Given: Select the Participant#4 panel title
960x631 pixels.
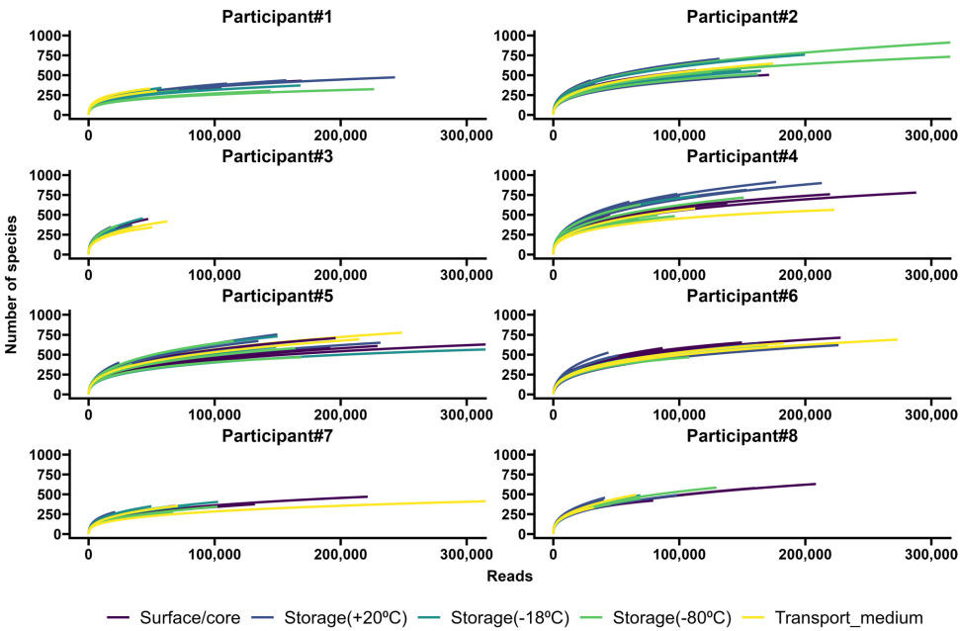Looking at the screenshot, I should tap(742, 156).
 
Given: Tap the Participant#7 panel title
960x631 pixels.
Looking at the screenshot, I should tap(277, 435).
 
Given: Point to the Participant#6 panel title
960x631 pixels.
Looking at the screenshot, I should tap(742, 296).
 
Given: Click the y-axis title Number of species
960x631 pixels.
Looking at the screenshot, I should tap(12, 285).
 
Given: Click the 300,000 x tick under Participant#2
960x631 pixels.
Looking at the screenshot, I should tap(931, 134).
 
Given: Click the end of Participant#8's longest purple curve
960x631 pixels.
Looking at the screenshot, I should tap(816, 484).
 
